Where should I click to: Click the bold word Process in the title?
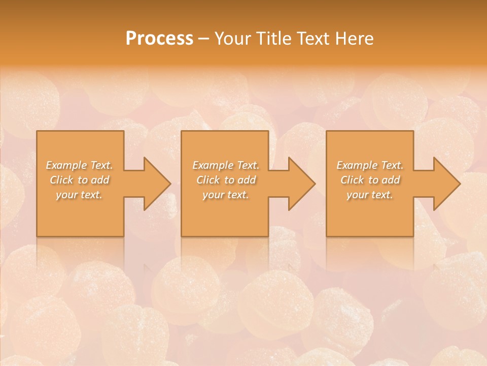(x=159, y=39)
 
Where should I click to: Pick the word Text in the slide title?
(x=314, y=39)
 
